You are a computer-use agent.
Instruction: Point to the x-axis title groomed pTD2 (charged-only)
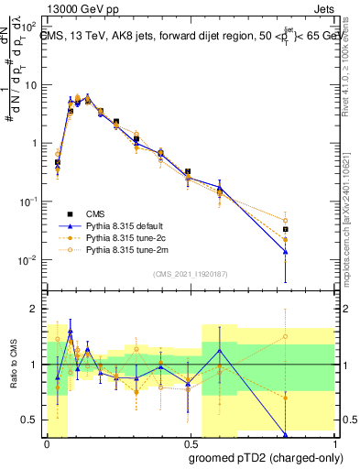[265, 459]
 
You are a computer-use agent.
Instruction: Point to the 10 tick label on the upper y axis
[30, 85]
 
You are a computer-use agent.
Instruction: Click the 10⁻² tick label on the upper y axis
[28, 259]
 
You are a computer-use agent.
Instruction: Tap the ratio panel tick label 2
[36, 309]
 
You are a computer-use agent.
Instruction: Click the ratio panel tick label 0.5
[31, 420]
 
